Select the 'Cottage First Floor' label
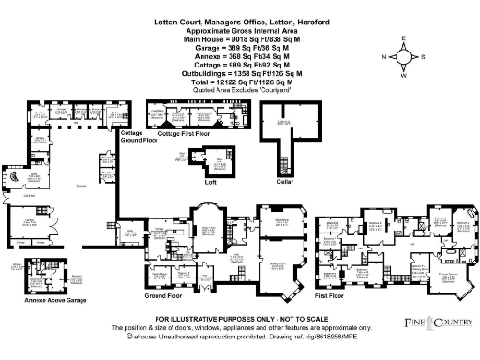pos(186,135)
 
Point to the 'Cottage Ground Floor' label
pos(132,137)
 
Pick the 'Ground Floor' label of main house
pos(163,295)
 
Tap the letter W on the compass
pos(403,75)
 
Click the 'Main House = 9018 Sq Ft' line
pos(223,39)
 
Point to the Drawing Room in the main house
pos(278,265)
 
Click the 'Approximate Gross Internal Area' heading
pos(223,32)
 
